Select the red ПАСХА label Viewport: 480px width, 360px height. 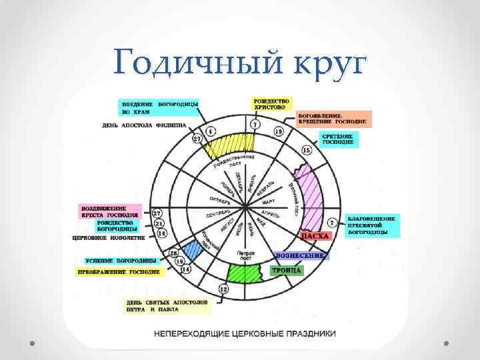(316, 236)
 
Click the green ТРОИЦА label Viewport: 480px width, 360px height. (287, 271)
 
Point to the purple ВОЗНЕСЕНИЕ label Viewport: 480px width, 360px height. (299, 256)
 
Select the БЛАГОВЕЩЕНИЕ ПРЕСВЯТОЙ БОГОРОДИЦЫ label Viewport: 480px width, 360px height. (372, 226)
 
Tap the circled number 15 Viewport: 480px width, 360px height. (307, 151)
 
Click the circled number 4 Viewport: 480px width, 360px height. (211, 131)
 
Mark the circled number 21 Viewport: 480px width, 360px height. (159, 223)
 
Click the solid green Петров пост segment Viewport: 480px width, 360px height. (247, 272)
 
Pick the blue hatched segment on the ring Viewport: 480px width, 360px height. (193, 250)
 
